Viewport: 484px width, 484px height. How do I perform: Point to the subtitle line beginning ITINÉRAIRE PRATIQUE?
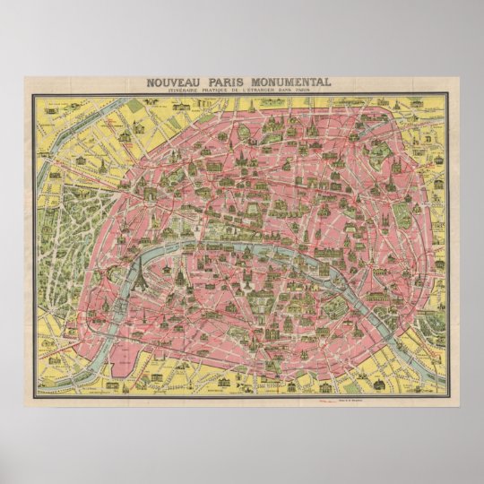pyautogui.click(x=242, y=92)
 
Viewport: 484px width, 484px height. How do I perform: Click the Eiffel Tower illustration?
pyautogui.click(x=143, y=277)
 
